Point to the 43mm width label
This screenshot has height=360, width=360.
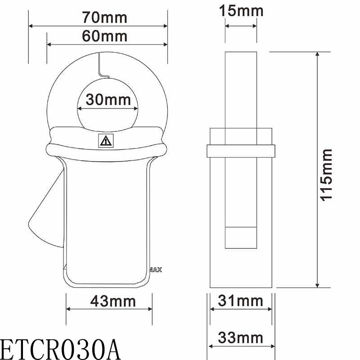pyautogui.click(x=109, y=300)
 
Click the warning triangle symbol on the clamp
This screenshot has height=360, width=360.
pyautogui.click(x=106, y=141)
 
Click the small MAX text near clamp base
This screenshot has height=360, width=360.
pyautogui.click(x=155, y=270)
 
